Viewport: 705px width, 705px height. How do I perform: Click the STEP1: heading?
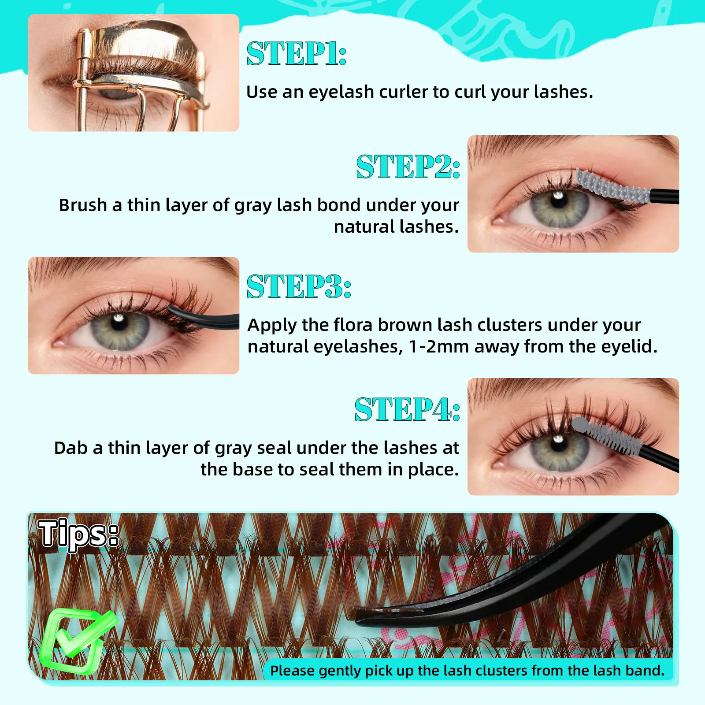pos(297,54)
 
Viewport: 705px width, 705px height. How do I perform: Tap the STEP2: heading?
pos(408,167)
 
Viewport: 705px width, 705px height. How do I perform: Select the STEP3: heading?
pos(299,286)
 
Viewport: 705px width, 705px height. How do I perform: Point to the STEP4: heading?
pos(407,409)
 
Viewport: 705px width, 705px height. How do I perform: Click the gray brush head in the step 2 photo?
pos(612,187)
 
